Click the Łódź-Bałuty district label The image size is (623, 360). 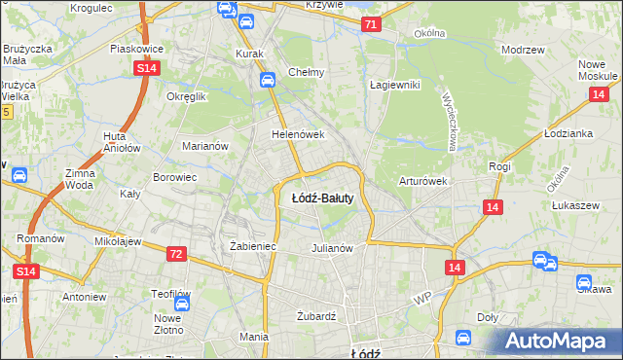(322, 198)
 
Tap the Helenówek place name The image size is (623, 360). (297, 134)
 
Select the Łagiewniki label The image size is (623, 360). (394, 85)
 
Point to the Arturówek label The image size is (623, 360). (422, 181)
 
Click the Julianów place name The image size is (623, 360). (331, 247)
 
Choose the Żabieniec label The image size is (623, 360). (253, 246)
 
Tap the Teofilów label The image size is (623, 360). (170, 294)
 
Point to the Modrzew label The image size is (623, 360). (521, 49)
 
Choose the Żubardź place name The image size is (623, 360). (315, 316)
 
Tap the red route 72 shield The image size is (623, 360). (175, 254)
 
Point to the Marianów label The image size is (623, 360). (205, 146)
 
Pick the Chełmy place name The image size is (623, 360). (306, 72)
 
